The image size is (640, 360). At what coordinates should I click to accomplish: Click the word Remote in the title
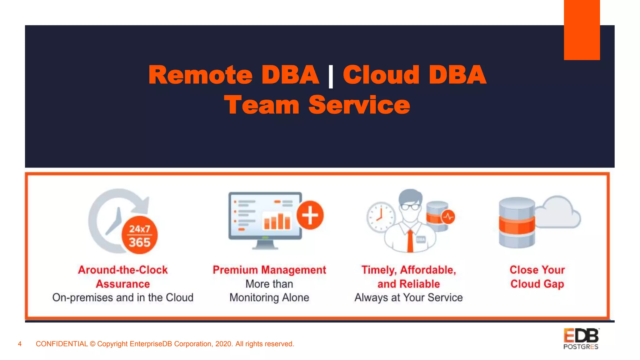point(200,75)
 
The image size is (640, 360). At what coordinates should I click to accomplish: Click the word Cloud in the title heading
point(381,75)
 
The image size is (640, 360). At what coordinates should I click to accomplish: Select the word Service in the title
point(359,105)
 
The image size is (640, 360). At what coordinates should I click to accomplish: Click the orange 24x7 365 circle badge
point(139,235)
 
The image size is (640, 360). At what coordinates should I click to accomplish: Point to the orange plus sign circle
point(310,215)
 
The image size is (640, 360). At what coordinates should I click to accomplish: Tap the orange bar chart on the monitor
point(277,222)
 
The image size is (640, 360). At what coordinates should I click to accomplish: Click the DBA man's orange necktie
point(410,241)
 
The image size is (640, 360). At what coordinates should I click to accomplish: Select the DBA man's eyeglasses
point(410,207)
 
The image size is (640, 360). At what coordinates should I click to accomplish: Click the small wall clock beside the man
point(381,217)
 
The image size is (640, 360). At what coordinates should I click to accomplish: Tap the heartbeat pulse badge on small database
point(448,217)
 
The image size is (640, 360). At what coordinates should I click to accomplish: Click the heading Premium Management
point(269,270)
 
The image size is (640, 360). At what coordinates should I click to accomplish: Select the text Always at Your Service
point(408,297)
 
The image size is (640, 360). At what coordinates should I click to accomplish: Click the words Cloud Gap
point(537,284)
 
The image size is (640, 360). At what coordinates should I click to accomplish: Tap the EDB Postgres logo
point(581,339)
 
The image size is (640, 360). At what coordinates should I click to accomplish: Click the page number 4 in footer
point(20,344)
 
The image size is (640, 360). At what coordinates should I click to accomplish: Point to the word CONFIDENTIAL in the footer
point(62,344)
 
